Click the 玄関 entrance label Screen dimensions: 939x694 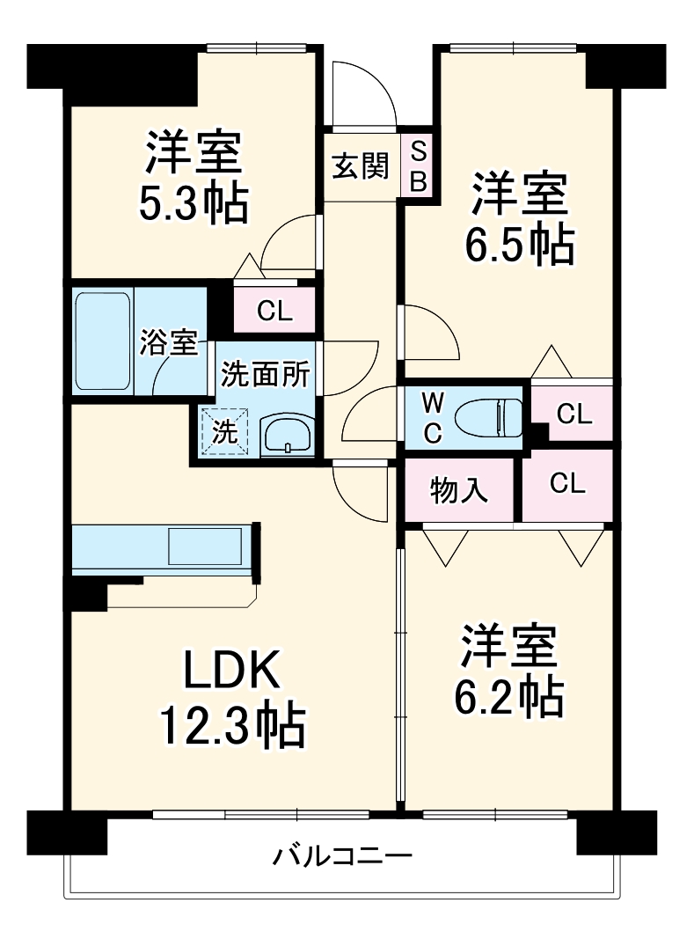(360, 165)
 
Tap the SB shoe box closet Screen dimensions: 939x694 (419, 166)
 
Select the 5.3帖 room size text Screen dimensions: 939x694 (194, 203)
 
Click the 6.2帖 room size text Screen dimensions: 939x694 (508, 696)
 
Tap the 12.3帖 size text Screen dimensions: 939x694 (231, 727)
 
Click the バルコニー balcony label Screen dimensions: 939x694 (341, 855)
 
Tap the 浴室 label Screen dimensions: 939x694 (168, 343)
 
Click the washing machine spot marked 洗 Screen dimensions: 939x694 (225, 433)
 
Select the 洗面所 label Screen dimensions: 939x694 (265, 375)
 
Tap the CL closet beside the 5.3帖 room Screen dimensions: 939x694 (274, 311)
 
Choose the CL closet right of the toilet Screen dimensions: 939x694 (573, 414)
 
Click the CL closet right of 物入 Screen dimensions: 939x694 (567, 483)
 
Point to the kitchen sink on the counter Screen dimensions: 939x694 (205, 547)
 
